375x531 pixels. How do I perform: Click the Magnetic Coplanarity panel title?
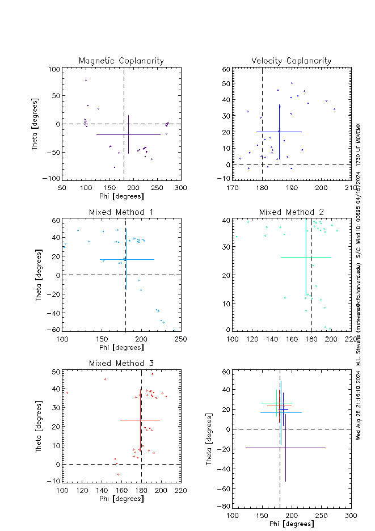pos(121,61)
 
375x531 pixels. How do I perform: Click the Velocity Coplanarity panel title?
pos(292,61)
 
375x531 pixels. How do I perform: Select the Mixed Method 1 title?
pos(121,212)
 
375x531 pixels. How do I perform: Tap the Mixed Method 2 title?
pos(292,212)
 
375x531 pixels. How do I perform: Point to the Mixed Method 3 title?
pos(121,363)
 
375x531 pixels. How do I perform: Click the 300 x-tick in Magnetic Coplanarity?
pos(180,188)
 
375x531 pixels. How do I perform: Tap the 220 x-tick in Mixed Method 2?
pos(351,339)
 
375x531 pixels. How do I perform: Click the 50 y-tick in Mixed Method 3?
pos(56,371)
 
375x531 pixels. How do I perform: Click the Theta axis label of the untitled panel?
pos(209,443)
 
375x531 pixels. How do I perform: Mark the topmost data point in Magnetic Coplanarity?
pos(86,80)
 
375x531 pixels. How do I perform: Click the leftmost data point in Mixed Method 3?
pos(67,393)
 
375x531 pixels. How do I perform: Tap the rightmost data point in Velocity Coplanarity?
pos(334,109)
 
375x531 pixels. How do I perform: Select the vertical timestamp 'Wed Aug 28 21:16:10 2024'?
pos(359,409)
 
